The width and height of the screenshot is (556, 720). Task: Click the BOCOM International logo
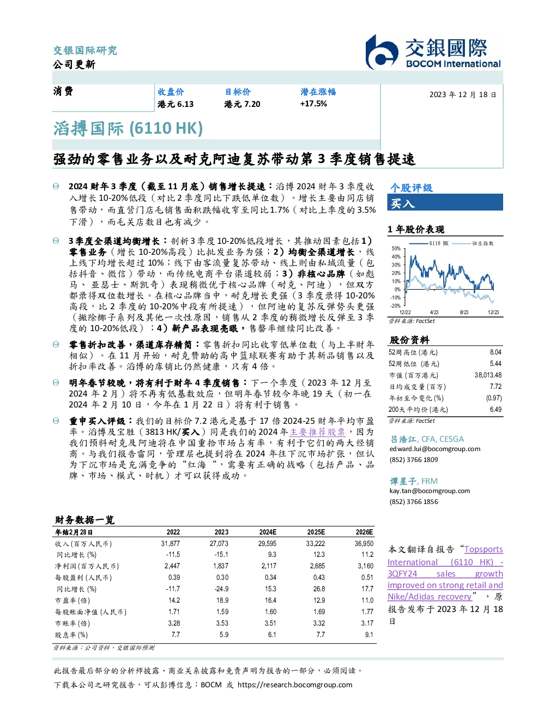433,52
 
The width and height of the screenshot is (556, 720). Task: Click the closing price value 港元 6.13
176,104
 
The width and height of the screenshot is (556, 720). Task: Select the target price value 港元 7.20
242,104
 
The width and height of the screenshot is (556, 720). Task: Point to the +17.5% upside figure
313,104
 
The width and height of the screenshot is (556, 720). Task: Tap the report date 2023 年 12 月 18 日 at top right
463,94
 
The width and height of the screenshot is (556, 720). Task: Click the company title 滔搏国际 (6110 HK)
128,128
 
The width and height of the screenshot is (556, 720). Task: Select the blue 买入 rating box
445,202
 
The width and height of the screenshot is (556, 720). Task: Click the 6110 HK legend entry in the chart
429,243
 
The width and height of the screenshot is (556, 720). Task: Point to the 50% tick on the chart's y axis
396,248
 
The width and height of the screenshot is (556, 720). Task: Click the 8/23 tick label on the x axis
464,312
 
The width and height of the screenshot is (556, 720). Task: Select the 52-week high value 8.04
495,352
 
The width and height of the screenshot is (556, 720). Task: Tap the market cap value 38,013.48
488,375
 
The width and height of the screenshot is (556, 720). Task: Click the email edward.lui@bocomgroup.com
435,448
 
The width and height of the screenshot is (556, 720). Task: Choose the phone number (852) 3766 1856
414,501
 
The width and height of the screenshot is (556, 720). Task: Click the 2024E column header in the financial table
268,532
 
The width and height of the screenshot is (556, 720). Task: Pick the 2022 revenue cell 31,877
171,543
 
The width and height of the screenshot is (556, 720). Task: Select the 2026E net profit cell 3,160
365,566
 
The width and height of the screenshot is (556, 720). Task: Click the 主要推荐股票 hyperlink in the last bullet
317,432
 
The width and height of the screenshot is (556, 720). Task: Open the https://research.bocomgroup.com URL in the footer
295,685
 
